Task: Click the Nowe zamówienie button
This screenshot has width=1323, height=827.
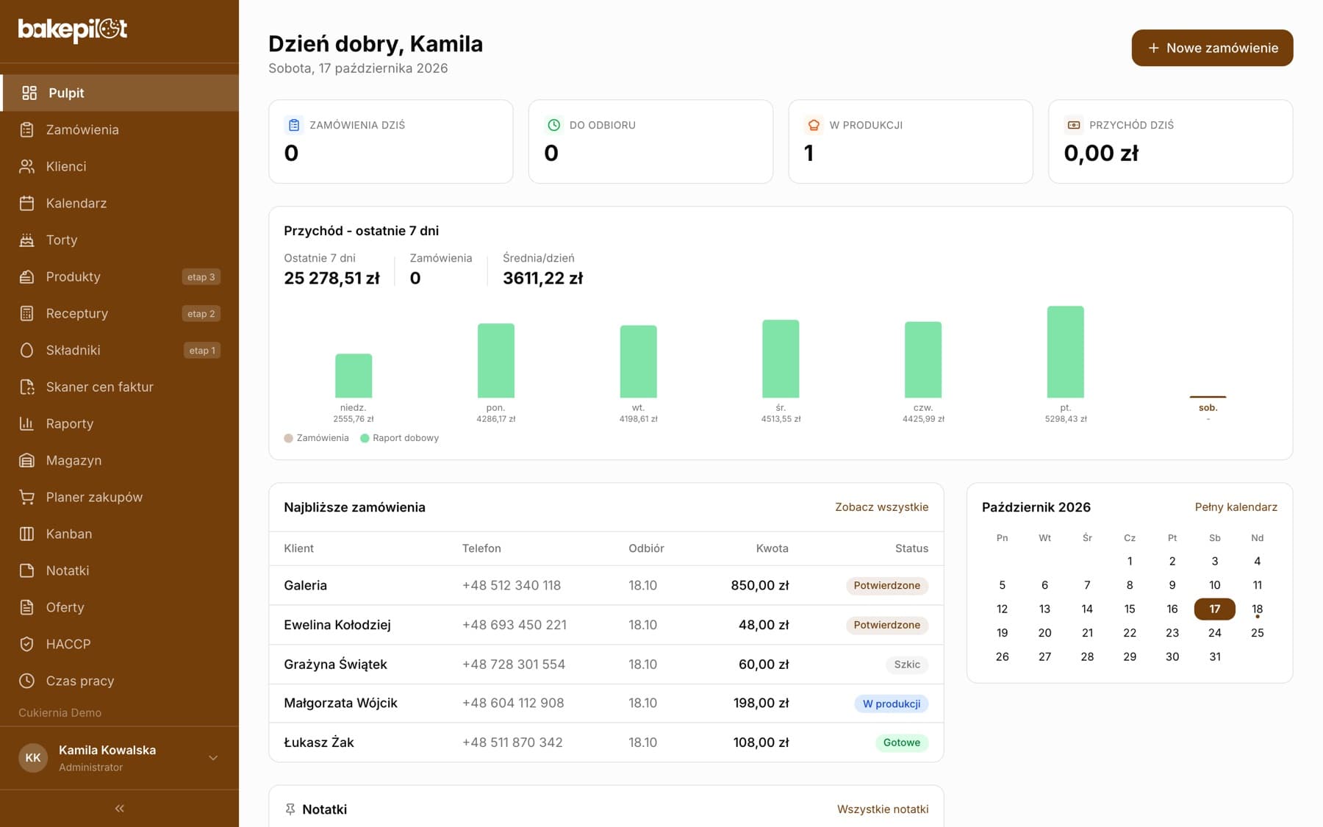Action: [x=1212, y=48]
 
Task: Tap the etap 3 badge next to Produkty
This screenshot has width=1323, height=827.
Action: [x=201, y=277]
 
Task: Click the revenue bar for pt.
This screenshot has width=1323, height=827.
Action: [x=1065, y=352]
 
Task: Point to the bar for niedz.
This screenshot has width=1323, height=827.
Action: [x=354, y=376]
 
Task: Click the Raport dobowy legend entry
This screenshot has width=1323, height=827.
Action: [x=399, y=438]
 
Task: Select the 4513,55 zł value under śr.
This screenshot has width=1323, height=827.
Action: [x=781, y=419]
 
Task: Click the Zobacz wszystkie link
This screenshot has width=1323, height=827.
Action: [x=881, y=507]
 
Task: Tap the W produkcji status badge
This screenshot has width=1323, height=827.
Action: [x=891, y=704]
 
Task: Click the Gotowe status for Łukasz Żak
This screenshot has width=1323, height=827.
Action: [x=901, y=742]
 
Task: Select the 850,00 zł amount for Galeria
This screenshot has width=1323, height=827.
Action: [x=759, y=585]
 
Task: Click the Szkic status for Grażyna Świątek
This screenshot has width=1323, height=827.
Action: [x=907, y=665]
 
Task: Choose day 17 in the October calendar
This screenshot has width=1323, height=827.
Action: [x=1214, y=609]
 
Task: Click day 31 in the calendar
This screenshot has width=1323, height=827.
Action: [x=1214, y=656]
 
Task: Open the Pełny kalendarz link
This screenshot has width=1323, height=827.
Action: [x=1236, y=507]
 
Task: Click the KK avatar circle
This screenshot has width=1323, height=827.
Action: [x=33, y=758]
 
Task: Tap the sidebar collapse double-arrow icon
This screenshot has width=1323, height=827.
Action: [x=119, y=809]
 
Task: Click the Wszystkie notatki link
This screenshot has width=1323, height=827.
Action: [x=883, y=809]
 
